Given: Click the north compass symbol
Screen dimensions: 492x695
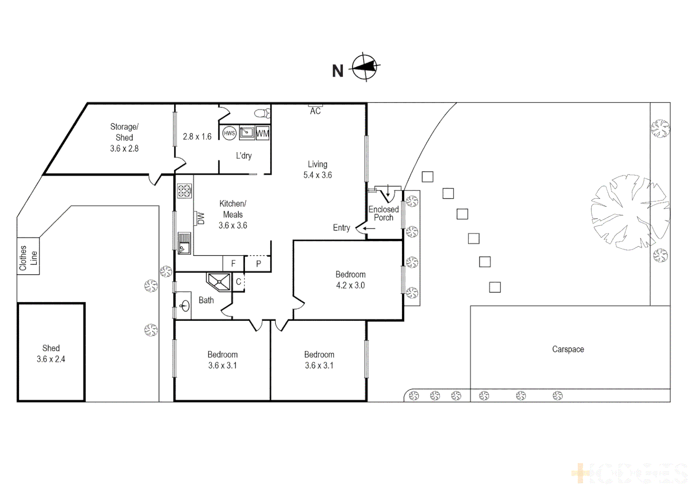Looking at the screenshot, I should pyautogui.click(x=365, y=67).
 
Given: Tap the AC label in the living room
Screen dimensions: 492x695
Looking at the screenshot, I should pyautogui.click(x=315, y=111).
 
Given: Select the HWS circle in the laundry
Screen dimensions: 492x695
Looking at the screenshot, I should pyautogui.click(x=229, y=133).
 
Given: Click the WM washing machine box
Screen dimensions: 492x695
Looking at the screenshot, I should pyautogui.click(x=263, y=133).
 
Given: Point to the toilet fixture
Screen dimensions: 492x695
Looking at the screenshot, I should pyautogui.click(x=262, y=113).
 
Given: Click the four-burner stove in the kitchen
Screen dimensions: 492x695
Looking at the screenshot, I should pyautogui.click(x=184, y=191).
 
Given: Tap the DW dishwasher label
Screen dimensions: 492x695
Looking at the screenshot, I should pyautogui.click(x=201, y=219).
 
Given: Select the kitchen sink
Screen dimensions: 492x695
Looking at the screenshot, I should pyautogui.click(x=184, y=243).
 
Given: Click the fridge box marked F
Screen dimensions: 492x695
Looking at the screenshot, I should pyautogui.click(x=233, y=263).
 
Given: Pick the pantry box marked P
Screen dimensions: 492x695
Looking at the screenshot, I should pyautogui.click(x=258, y=263).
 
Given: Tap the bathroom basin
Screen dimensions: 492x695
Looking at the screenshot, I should pyautogui.click(x=184, y=306).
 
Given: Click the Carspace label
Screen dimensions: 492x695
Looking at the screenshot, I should pyautogui.click(x=568, y=349).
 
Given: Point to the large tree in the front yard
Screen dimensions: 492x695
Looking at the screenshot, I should pyautogui.click(x=629, y=212).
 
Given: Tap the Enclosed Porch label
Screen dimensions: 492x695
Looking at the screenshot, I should pyautogui.click(x=384, y=213).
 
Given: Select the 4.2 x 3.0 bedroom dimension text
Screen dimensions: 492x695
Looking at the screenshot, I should pyautogui.click(x=350, y=286).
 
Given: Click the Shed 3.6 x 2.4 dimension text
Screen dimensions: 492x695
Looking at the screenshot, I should pyautogui.click(x=51, y=359).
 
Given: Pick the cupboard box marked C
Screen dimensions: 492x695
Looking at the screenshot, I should pyautogui.click(x=238, y=282).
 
